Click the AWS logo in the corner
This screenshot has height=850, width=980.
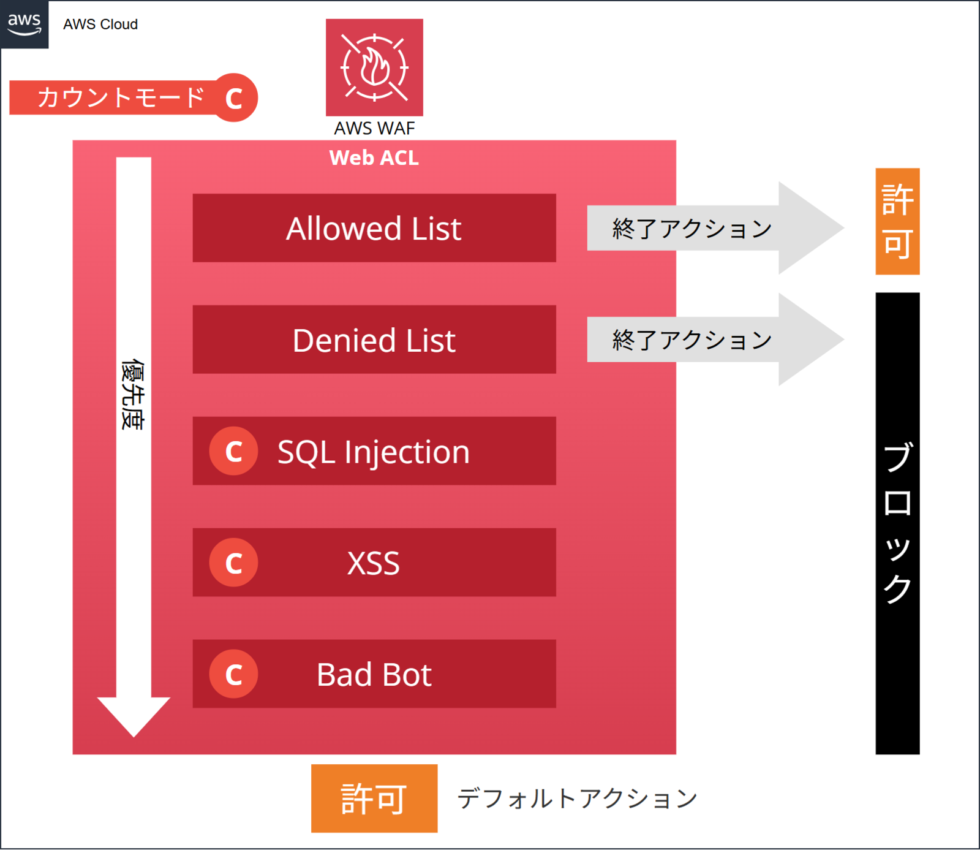click(x=24, y=25)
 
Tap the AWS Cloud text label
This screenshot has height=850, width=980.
click(x=100, y=25)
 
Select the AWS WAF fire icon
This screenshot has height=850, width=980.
click(x=374, y=67)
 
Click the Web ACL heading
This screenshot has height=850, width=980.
click(x=374, y=158)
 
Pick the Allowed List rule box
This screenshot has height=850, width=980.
click(x=374, y=228)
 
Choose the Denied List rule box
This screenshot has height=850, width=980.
click(x=374, y=340)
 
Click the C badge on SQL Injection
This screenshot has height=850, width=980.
click(x=233, y=451)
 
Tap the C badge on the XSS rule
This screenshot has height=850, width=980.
click(x=233, y=563)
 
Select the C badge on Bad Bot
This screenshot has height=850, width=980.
click(x=233, y=674)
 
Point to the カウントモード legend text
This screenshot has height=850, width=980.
click(x=121, y=97)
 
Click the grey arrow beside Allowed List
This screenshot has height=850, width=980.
click(x=715, y=228)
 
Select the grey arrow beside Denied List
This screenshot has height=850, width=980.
click(x=715, y=340)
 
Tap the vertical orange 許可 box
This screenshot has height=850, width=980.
click(x=897, y=221)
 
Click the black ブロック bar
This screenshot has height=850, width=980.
click(x=897, y=523)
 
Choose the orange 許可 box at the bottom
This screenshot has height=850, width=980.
click(x=374, y=799)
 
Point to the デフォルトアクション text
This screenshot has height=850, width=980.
click(x=578, y=799)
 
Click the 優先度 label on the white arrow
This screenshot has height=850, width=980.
click(x=133, y=395)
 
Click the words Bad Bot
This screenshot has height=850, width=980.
click(x=374, y=675)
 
